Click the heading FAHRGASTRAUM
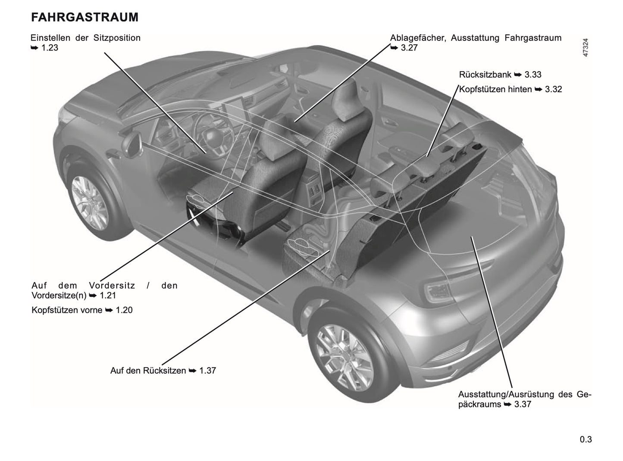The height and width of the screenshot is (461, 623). coord(85,17)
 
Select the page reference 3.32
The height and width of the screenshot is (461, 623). coord(553,90)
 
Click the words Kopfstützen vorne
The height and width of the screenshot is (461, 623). coord(67,310)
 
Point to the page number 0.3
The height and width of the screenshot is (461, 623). coord(585,439)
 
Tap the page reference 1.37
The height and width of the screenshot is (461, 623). coord(207,371)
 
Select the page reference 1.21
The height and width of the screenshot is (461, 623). coord(107,296)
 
